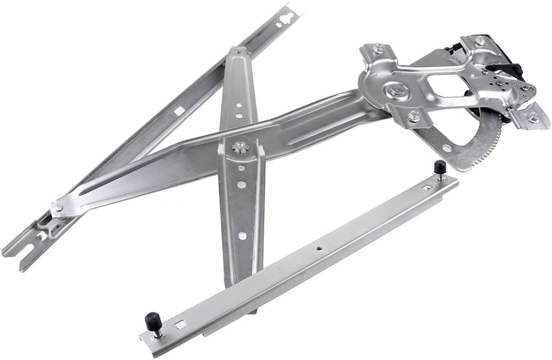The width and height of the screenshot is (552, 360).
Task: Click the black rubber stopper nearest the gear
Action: [440, 168]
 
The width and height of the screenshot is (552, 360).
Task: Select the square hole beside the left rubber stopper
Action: [180, 324]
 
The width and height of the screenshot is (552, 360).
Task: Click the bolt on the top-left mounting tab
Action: [377, 49]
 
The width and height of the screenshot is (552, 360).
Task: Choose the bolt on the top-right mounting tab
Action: [479, 41]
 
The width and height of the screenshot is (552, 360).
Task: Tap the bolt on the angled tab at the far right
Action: [532, 118]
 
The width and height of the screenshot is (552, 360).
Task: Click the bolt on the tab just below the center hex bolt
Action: [413, 116]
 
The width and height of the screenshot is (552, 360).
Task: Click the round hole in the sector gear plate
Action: [445, 148]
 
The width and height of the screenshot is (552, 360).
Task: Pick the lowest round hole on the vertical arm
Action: [242, 235]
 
